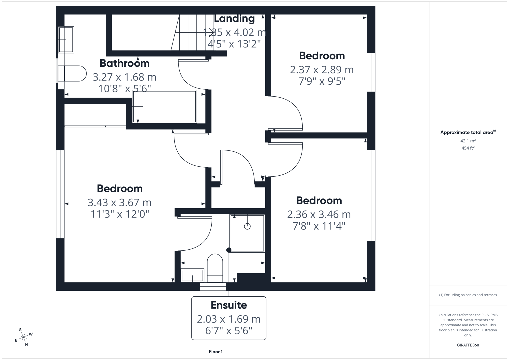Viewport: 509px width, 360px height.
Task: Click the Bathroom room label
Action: point(124,63)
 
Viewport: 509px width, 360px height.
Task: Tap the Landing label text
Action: point(234,19)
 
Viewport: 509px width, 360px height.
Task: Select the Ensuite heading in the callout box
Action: point(229,305)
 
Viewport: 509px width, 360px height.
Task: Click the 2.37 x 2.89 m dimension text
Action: point(322,70)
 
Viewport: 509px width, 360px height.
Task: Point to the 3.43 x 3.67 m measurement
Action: point(120,202)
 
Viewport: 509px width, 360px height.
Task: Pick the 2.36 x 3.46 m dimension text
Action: point(319,214)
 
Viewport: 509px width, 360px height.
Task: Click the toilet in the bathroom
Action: point(72,74)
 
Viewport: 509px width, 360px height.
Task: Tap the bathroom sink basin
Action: point(66,40)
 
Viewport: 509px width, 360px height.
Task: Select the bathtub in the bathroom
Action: point(164,106)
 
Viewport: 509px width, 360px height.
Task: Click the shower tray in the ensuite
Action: point(247,233)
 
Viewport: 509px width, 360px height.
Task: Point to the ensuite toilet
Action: point(215,268)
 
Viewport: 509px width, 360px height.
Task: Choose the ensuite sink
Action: point(192,276)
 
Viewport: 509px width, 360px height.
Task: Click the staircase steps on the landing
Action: point(188,32)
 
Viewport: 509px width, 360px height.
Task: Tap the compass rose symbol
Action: point(23,337)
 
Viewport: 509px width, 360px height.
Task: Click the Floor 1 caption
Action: point(216,352)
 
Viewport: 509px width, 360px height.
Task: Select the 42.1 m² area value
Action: point(468,141)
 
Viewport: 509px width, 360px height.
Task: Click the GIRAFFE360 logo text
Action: point(468,345)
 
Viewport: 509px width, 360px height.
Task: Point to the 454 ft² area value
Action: point(468,148)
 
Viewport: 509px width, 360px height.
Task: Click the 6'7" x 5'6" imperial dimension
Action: point(229,331)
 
